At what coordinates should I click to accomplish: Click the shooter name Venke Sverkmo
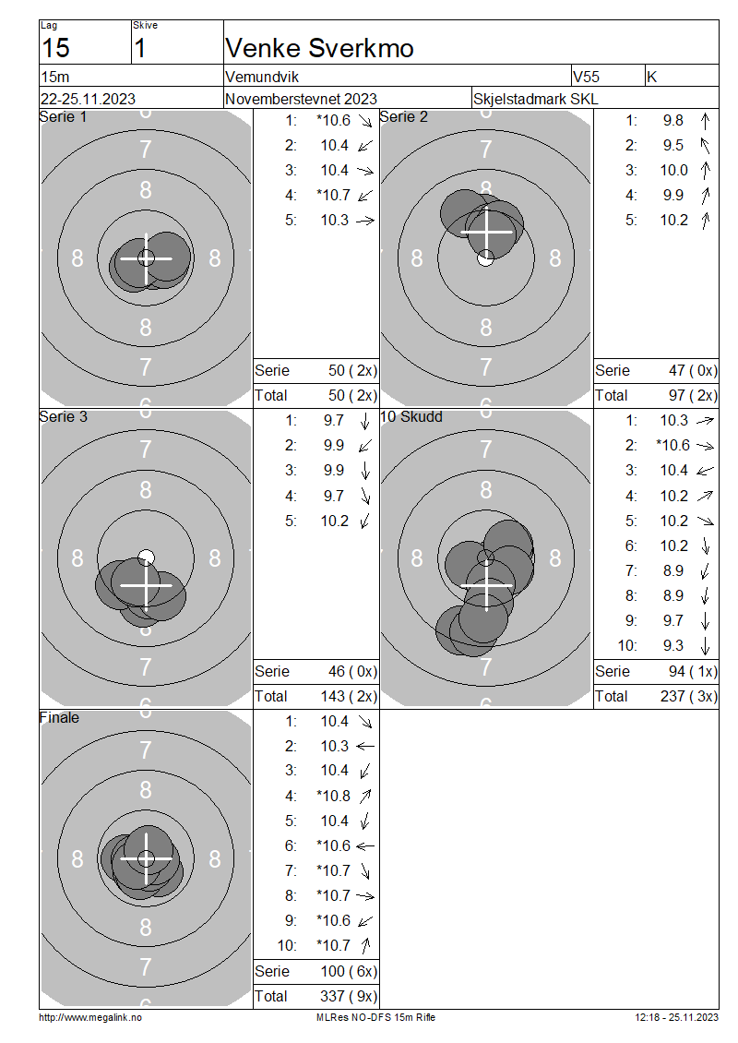point(319,48)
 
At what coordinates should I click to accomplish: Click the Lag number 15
point(55,48)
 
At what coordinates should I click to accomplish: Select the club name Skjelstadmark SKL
point(535,99)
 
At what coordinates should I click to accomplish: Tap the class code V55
point(586,77)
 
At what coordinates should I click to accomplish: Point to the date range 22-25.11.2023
point(88,99)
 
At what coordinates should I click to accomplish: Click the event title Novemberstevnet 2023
point(301,99)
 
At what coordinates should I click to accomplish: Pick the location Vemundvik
point(262,77)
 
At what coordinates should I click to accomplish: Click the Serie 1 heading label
point(63,117)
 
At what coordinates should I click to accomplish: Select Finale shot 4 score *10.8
point(334,796)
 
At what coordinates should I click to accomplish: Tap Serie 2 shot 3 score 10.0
point(673,170)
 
